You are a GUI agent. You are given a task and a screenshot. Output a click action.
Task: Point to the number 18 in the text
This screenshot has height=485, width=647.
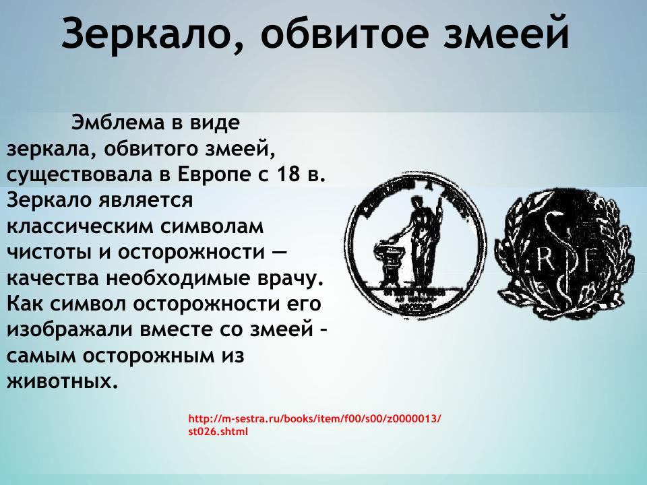(287, 175)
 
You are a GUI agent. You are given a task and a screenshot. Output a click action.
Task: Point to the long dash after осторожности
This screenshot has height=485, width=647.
(280, 252)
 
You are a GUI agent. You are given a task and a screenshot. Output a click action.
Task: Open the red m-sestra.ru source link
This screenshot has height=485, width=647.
(315, 418)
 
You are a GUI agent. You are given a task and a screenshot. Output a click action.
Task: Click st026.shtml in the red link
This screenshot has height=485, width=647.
(218, 431)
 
